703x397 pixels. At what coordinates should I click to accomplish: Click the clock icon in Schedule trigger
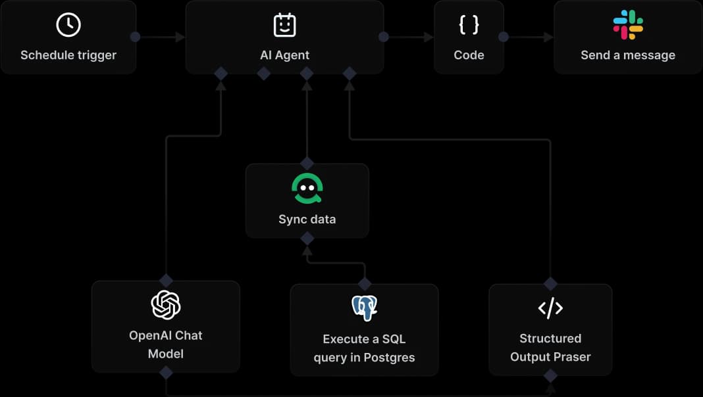(x=68, y=25)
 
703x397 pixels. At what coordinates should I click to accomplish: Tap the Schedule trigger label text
(x=68, y=55)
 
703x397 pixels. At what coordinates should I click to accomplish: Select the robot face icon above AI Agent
(x=284, y=25)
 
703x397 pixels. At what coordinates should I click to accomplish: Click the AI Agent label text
(x=284, y=55)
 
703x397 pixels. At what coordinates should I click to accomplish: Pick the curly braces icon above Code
(x=469, y=25)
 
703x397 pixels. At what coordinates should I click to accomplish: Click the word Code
(x=469, y=55)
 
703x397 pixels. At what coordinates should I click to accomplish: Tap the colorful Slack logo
(x=628, y=25)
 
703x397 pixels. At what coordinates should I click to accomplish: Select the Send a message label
(x=628, y=55)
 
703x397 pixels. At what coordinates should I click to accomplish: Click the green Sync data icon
(x=307, y=189)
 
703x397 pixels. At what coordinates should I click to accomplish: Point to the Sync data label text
(x=307, y=219)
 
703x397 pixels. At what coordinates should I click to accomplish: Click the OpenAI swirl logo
(x=166, y=305)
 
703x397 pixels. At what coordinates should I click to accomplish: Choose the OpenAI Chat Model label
(x=166, y=344)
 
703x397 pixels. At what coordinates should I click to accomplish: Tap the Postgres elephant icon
(x=364, y=308)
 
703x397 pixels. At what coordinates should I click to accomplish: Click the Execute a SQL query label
(x=364, y=348)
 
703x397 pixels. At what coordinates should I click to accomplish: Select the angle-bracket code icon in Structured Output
(x=550, y=308)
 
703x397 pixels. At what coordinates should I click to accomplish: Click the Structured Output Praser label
(x=550, y=348)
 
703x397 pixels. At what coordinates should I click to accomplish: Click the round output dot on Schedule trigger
(x=136, y=37)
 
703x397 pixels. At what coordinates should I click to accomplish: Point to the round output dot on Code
(x=504, y=37)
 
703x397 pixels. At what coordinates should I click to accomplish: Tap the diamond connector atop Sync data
(x=307, y=163)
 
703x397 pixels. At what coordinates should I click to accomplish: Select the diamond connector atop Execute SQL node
(x=364, y=284)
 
